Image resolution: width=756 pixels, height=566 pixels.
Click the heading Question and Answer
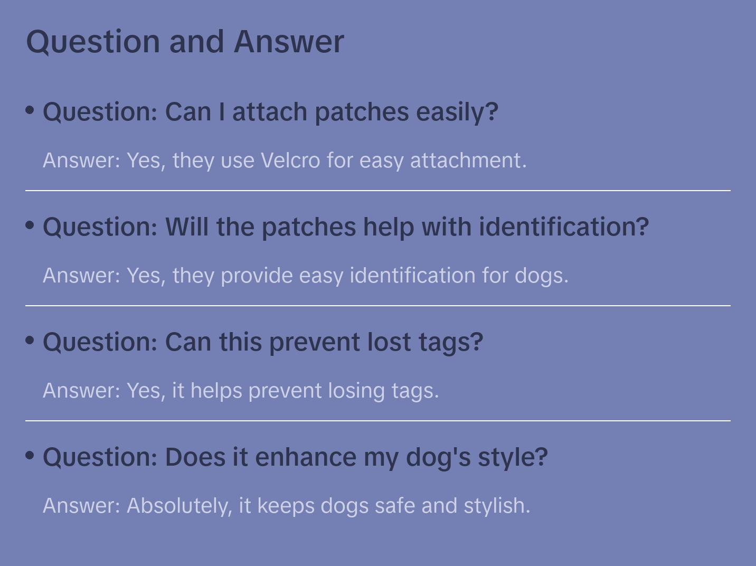pyautogui.click(x=185, y=41)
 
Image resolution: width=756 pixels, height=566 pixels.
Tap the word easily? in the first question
pyautogui.click(x=457, y=112)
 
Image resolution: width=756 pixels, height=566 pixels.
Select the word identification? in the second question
pyautogui.click(x=564, y=227)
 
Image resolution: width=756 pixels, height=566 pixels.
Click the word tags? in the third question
pyautogui.click(x=451, y=342)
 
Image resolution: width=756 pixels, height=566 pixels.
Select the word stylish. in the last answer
pyautogui.click(x=497, y=506)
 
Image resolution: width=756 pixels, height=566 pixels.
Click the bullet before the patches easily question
pyautogui.click(x=30, y=110)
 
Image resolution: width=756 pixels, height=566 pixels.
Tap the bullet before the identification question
pyautogui.click(x=30, y=225)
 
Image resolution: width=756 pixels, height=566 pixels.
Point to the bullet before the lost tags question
pyautogui.click(x=30, y=341)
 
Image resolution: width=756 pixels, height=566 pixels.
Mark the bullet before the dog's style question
pyautogui.click(x=30, y=456)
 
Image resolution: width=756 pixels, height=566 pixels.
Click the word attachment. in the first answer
pyautogui.click(x=468, y=161)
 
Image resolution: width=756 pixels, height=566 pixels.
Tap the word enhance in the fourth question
pyautogui.click(x=306, y=457)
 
